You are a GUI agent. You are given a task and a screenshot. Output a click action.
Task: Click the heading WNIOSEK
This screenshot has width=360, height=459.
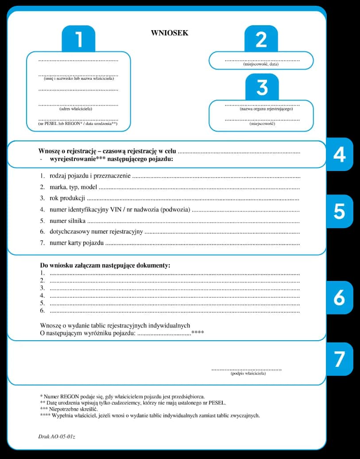(x=170, y=33)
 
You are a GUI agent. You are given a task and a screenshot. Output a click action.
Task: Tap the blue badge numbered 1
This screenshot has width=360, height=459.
(x=78, y=39)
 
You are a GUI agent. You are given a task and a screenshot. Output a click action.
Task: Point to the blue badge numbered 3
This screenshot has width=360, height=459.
(x=262, y=87)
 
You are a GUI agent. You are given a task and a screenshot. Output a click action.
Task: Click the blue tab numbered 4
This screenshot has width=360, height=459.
(x=339, y=154)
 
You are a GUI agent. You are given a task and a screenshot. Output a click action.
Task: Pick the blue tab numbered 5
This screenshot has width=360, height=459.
(x=339, y=211)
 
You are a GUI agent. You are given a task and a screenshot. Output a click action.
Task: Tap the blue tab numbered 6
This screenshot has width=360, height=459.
(x=339, y=298)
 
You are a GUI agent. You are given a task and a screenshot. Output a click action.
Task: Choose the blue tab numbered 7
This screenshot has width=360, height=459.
(x=339, y=359)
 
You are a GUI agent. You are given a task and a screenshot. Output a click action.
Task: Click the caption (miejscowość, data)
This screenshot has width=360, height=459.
(x=261, y=64)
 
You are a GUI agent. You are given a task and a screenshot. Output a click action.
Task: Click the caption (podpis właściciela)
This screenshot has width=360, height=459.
(x=248, y=373)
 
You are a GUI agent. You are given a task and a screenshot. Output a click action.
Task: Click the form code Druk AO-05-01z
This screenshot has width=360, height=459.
(x=57, y=437)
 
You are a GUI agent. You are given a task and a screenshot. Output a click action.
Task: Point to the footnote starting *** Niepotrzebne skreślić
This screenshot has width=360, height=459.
(x=69, y=409)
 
